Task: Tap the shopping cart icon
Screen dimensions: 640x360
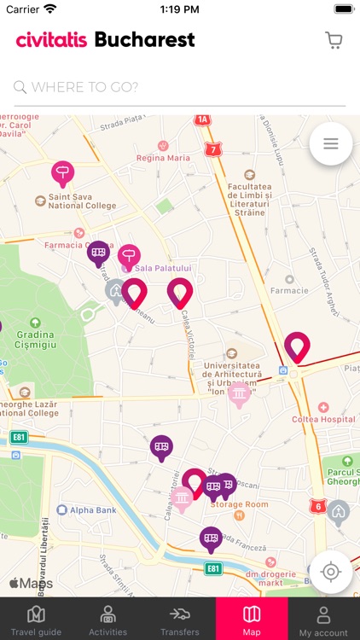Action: click(x=334, y=40)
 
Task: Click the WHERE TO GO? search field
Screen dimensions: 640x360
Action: click(x=180, y=87)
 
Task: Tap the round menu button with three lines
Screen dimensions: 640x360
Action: click(x=331, y=144)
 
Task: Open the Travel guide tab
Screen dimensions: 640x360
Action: click(x=36, y=620)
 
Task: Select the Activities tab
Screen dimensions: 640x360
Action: click(x=107, y=620)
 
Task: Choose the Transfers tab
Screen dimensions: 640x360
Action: click(x=179, y=620)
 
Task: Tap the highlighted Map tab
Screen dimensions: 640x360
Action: click(x=252, y=620)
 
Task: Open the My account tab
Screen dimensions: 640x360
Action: click(x=323, y=620)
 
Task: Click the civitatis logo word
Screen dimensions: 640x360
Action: click(x=51, y=40)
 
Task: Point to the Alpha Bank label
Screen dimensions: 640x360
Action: click(x=92, y=510)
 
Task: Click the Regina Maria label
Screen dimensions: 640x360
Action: click(x=163, y=158)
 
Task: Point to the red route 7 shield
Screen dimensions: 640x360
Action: click(x=212, y=149)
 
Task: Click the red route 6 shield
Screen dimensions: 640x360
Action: click(x=318, y=506)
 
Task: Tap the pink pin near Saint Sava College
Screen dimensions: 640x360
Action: click(x=62, y=173)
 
